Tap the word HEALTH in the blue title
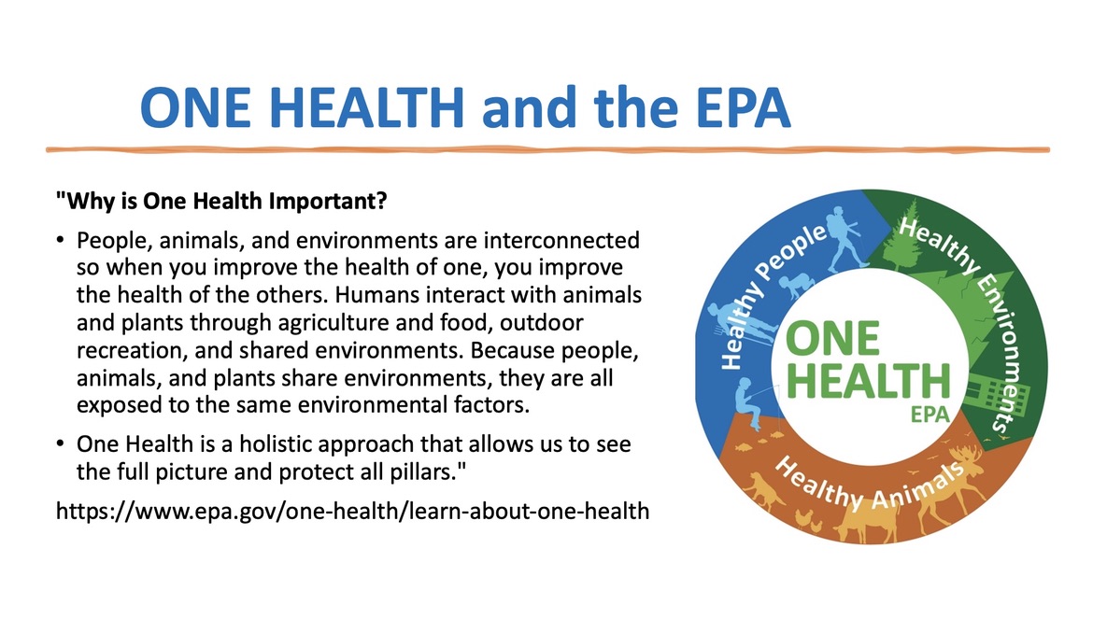coord(366,107)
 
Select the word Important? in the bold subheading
coord(328,202)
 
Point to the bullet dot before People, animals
coord(60,241)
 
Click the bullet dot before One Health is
coord(60,444)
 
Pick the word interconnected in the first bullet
coord(561,241)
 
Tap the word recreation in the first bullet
coord(132,351)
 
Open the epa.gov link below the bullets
coord(352,511)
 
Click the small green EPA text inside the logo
coord(930,414)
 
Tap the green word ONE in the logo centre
coord(833,339)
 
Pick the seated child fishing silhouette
coord(747,403)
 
